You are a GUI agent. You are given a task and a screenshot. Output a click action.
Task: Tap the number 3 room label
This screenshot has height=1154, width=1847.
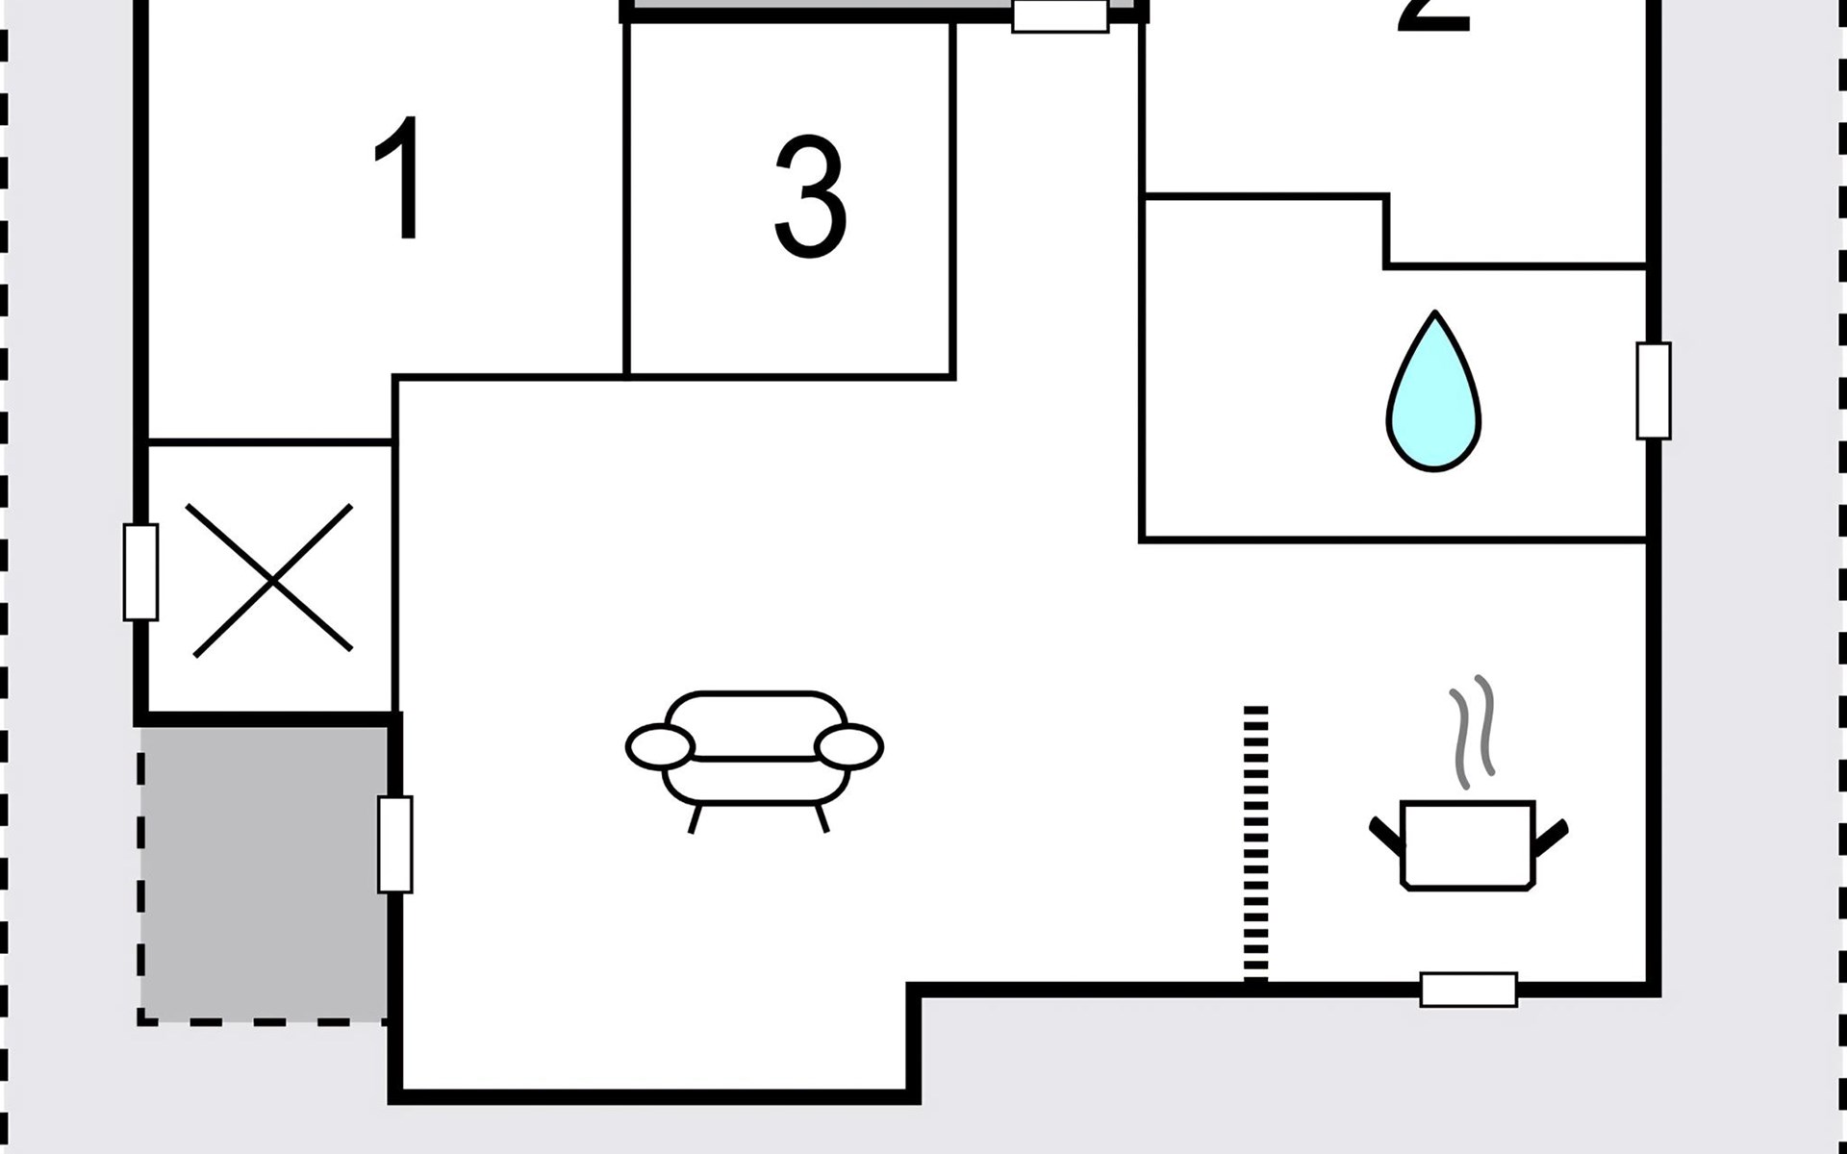tap(810, 197)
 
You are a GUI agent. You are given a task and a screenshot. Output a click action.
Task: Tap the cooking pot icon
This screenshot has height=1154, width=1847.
tap(1467, 844)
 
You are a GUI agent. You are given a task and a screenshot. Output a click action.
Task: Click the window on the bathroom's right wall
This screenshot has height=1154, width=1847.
tap(1653, 390)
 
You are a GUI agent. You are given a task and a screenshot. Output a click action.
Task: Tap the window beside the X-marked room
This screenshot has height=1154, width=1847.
tap(140, 572)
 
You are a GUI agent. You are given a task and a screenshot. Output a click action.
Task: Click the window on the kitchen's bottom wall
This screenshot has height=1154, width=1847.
tap(1468, 990)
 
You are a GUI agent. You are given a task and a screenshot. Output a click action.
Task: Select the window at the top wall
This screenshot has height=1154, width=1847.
tap(1060, 15)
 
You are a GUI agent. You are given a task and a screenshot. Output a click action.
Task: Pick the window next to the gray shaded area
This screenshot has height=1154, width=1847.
tap(394, 844)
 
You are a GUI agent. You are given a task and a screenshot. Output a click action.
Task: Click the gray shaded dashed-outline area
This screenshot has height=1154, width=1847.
tap(262, 873)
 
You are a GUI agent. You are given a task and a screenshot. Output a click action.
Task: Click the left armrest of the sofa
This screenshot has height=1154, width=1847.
tap(660, 747)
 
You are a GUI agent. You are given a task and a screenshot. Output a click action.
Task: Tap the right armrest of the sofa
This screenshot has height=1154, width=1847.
tap(848, 747)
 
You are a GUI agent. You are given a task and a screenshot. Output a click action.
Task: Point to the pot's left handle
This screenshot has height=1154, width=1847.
tap(1385, 835)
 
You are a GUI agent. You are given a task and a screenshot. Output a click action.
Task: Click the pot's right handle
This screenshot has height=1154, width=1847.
tap(1551, 835)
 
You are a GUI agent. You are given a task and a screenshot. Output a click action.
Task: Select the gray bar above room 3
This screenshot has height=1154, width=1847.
tap(818, 8)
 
